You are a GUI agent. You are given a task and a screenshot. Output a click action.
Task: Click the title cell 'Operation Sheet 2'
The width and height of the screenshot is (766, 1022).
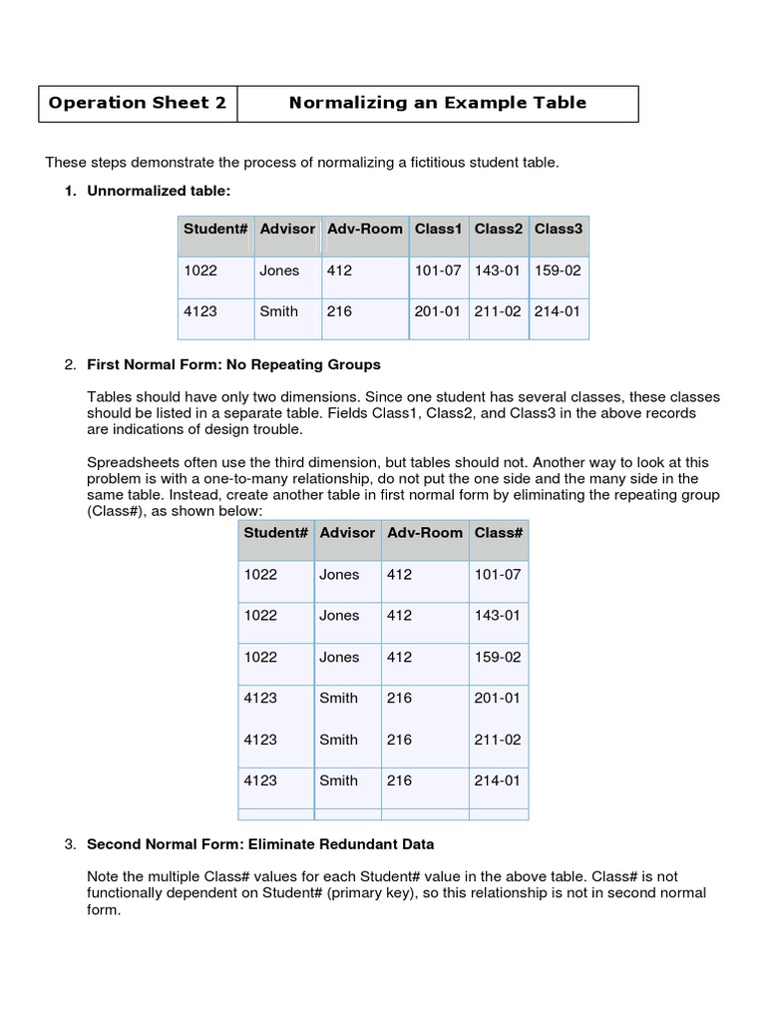[x=138, y=103]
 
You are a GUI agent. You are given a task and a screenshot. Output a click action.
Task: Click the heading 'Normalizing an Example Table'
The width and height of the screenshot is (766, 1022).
[x=437, y=103]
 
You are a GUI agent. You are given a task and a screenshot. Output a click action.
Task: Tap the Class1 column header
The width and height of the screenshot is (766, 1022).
[x=438, y=229]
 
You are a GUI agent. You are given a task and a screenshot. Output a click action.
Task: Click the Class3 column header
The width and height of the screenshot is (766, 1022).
[x=558, y=229]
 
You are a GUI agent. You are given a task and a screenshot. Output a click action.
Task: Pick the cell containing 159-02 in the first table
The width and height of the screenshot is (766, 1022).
[x=558, y=269]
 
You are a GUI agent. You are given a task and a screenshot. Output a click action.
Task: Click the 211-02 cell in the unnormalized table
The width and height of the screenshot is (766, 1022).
[x=498, y=311]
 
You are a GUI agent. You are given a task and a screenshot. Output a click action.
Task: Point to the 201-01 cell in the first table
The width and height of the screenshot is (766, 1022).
[x=438, y=311]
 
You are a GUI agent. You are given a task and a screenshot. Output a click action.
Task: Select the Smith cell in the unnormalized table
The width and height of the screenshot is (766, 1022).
[x=278, y=311]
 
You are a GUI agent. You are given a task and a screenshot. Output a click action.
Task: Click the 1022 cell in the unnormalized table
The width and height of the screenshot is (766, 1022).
[x=200, y=269]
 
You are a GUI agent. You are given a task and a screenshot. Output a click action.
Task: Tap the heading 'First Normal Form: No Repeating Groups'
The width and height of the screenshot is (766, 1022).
[x=233, y=364]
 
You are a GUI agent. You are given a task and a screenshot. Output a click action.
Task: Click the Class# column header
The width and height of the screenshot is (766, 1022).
[x=499, y=533]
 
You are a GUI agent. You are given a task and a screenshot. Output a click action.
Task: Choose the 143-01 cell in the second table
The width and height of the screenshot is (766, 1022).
[x=498, y=616]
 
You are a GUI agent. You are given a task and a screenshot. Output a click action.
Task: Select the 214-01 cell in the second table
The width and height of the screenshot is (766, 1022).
[x=498, y=780]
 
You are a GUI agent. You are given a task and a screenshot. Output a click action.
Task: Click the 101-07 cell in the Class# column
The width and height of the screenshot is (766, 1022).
[x=498, y=574]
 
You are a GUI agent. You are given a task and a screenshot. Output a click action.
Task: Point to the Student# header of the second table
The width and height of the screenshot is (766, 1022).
[x=276, y=533]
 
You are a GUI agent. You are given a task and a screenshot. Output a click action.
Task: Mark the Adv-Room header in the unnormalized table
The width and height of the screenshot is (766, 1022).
[x=365, y=229]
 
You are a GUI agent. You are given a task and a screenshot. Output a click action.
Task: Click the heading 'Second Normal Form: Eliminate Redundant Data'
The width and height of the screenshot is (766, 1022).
[x=260, y=844]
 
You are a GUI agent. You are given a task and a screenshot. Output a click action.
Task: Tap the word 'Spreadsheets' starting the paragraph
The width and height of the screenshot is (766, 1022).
[x=129, y=463]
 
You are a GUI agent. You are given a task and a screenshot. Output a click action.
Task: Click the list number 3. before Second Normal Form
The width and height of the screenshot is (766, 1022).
[x=70, y=844]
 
